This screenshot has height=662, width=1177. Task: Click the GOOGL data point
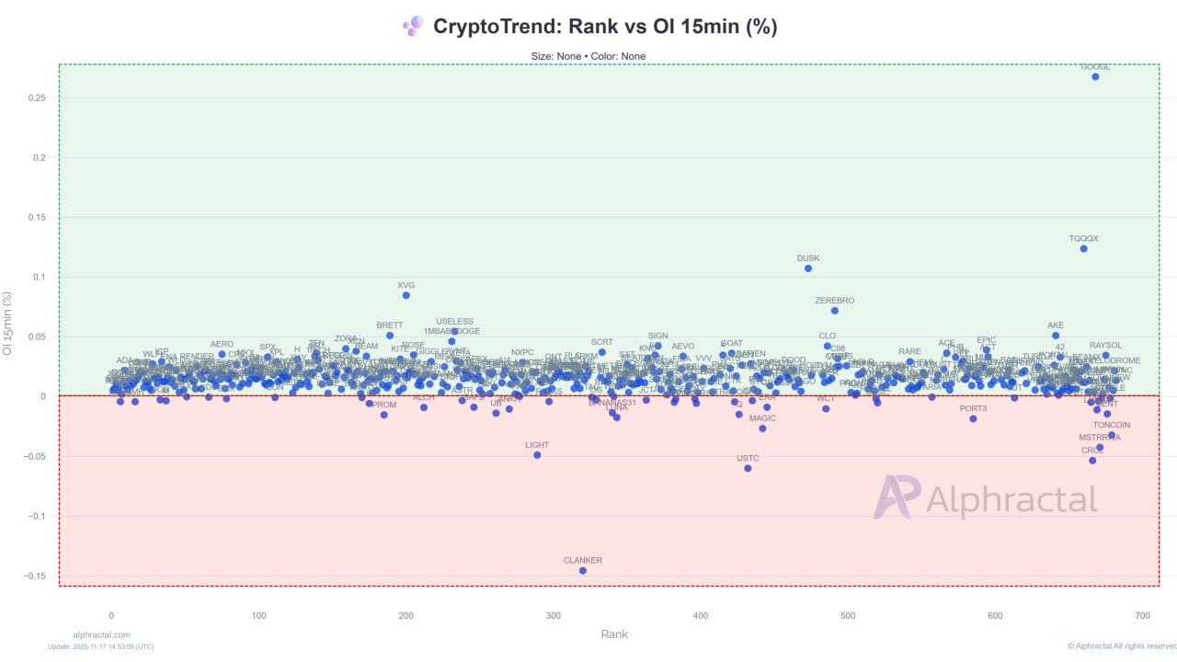point(1095,76)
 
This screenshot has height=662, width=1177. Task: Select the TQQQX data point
point(1083,248)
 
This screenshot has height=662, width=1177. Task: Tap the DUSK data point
point(808,268)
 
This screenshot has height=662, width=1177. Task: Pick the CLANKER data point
point(583,570)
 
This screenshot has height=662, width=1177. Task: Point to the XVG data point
point(406,295)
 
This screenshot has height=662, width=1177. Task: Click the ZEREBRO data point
point(835,311)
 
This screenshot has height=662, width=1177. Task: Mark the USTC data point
point(748,468)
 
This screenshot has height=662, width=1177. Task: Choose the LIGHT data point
point(537,455)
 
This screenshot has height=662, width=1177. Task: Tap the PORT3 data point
point(973,418)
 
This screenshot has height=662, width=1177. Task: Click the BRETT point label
point(390,325)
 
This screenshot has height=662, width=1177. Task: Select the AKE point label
point(1056,325)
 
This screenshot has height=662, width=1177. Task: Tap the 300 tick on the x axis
point(554,615)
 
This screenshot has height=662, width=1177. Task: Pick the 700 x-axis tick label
point(1143,615)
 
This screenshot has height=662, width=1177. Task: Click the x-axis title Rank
point(614,634)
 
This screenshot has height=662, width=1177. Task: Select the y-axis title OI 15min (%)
point(9,324)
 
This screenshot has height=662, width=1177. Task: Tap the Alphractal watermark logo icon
point(896,497)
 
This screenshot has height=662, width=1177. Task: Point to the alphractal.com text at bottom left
point(101,634)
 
